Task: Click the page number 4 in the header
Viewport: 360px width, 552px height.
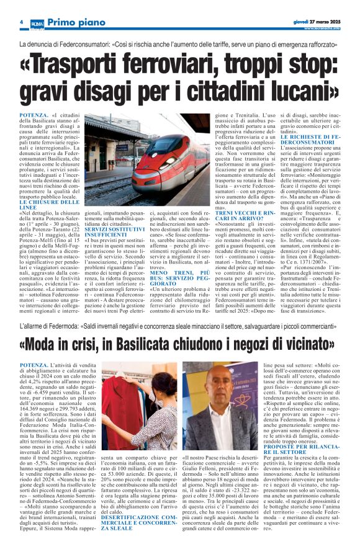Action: [x=21, y=23]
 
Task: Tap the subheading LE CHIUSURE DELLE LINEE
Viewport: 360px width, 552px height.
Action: [x=49, y=205]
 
